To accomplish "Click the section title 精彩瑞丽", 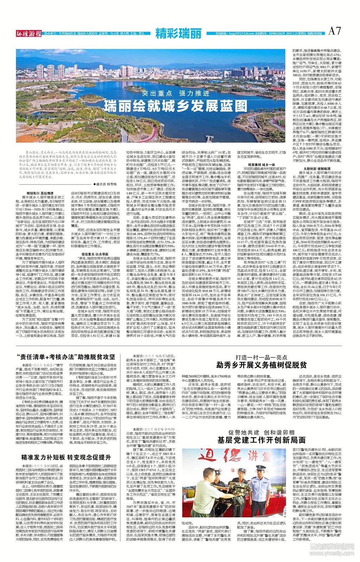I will (x=179, y=33).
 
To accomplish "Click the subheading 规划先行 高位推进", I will (x=43, y=193).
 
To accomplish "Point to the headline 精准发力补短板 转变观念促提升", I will (x=66, y=457).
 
